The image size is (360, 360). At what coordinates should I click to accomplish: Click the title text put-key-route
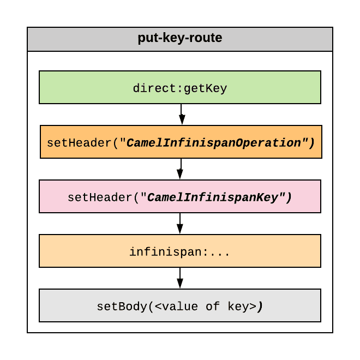(180, 39)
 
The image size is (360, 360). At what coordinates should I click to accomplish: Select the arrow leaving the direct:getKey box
(182, 114)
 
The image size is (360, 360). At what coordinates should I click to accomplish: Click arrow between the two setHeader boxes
(181, 169)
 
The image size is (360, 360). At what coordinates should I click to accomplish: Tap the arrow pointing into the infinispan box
(180, 223)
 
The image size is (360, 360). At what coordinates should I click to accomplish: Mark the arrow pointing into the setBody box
(180, 278)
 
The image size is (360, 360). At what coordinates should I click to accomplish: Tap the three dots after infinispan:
(221, 252)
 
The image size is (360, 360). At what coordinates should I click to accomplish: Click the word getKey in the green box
(205, 88)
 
